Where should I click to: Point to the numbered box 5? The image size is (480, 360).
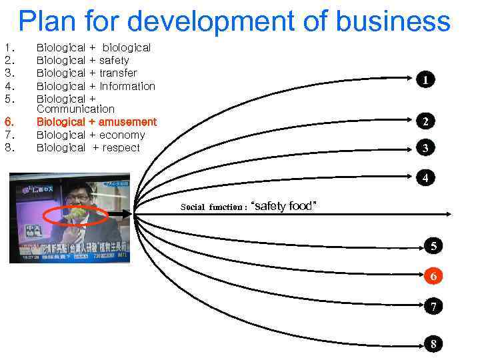pos(433,246)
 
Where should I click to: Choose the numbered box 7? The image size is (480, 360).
pos(433,307)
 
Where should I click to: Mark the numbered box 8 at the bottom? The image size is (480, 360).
pos(433,344)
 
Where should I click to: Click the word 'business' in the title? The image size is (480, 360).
pos(394,21)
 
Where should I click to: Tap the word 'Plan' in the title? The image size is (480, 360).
pos(47,21)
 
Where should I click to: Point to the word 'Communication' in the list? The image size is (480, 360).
pos(75,109)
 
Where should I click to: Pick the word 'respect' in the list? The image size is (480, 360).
pos(121,147)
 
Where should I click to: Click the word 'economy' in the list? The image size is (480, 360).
pos(122,135)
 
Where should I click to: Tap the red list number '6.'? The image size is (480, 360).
pos(9,122)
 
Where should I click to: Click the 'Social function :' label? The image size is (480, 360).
pos(213,207)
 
